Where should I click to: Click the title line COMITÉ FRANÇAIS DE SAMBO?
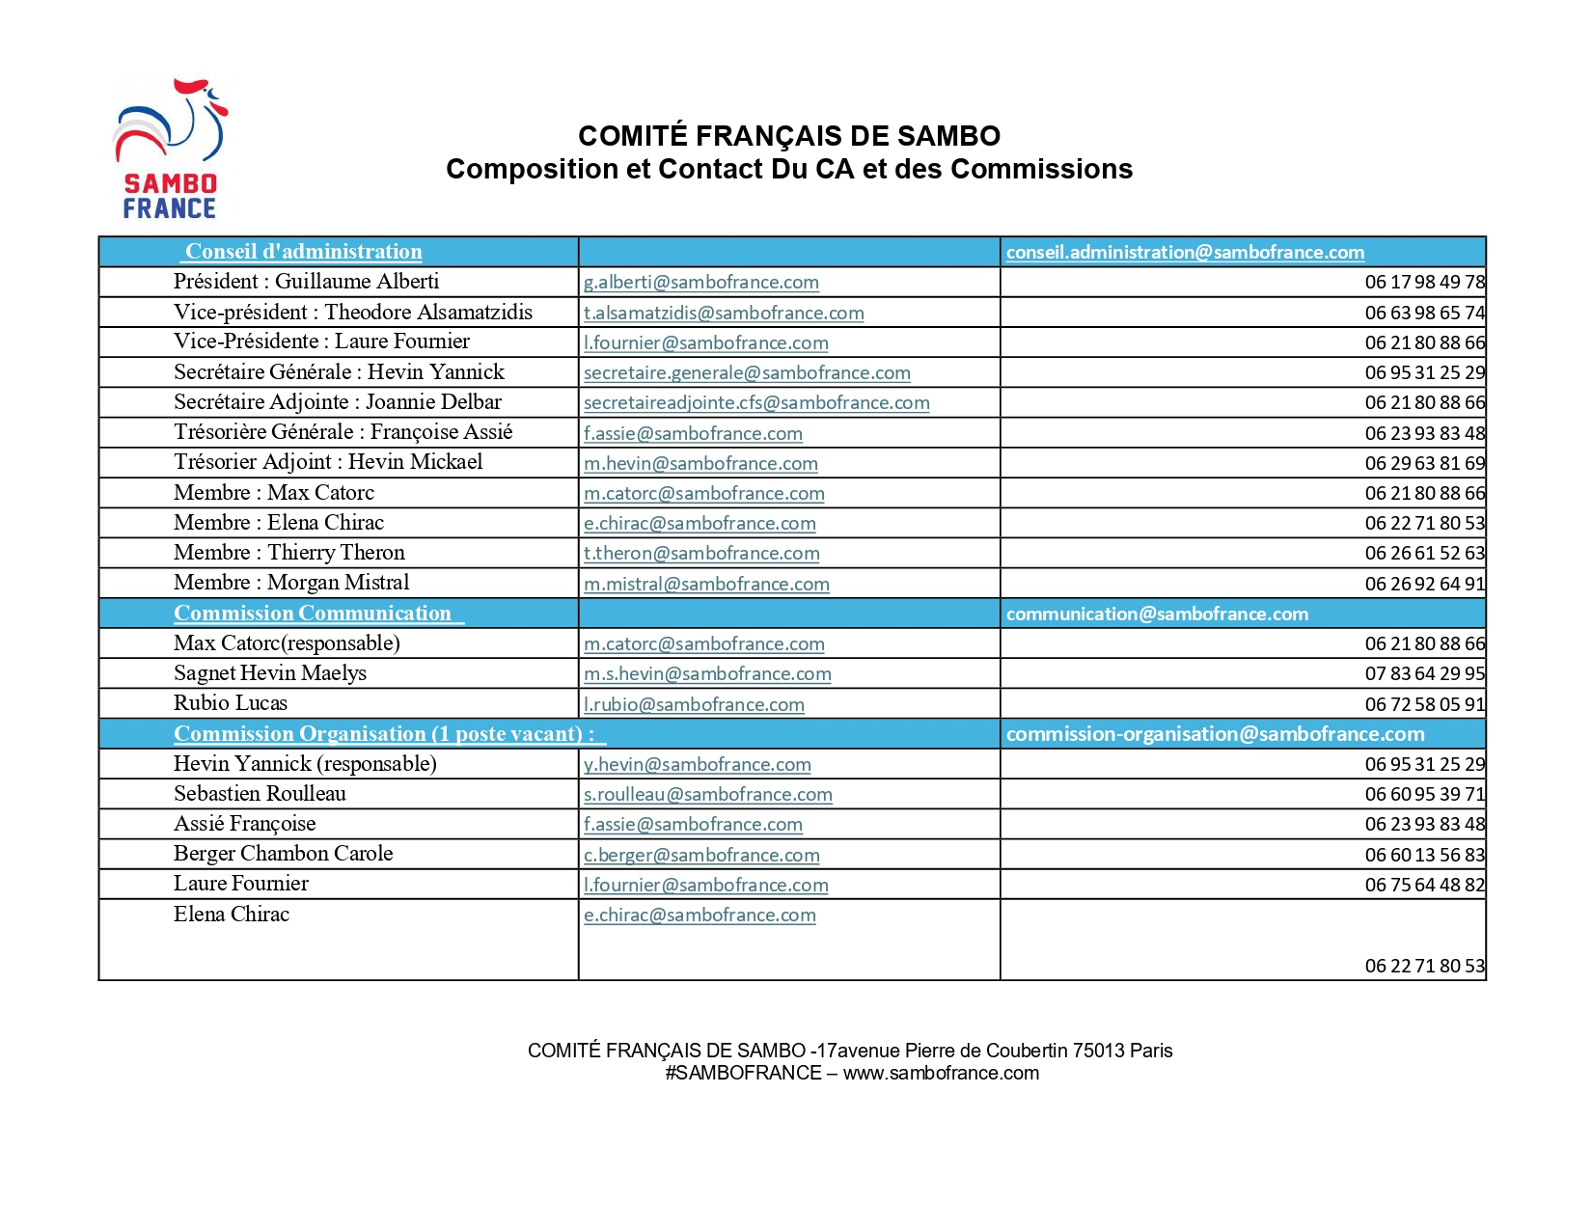pos(788,136)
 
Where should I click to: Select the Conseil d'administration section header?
pos(303,252)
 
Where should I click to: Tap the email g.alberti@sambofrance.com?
pos(700,283)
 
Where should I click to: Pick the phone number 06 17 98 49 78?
pos(1424,283)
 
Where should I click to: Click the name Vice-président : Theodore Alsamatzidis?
pos(352,313)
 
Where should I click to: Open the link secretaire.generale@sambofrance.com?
pos(746,372)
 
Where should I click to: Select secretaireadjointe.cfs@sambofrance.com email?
pos(755,403)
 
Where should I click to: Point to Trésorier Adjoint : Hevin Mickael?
pos(327,462)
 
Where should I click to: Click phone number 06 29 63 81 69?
pos(1424,463)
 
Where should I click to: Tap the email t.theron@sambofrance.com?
pos(700,554)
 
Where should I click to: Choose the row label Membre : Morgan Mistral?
pos(290,583)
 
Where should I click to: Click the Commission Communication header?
pos(313,614)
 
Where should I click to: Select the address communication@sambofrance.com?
pos(1156,614)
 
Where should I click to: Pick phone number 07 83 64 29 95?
pos(1424,673)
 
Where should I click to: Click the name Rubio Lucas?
pos(230,703)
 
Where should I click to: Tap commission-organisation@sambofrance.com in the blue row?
pos(1214,734)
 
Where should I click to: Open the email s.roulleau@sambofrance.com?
pos(707,795)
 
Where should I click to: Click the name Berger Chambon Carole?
pos(283,854)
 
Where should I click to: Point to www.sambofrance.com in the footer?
pos(941,1074)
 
